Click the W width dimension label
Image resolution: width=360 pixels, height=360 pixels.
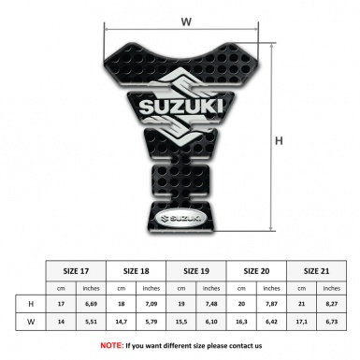coord(186,19)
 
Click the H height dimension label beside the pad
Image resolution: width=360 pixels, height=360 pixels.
coord(277,140)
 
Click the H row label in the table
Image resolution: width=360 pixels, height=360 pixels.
coord(32,304)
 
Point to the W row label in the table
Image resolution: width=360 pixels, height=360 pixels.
coord(32,323)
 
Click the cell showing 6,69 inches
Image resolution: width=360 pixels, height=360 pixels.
coord(91,304)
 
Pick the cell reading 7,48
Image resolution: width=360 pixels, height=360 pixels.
coord(211,304)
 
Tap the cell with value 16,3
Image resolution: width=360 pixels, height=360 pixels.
coord(241,323)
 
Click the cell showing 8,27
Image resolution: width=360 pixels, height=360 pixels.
coord(331,304)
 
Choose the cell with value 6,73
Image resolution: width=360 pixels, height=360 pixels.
coord(331,323)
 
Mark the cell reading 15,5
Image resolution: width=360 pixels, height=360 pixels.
coord(181,323)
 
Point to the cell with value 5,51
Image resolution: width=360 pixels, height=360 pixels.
coord(91,323)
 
